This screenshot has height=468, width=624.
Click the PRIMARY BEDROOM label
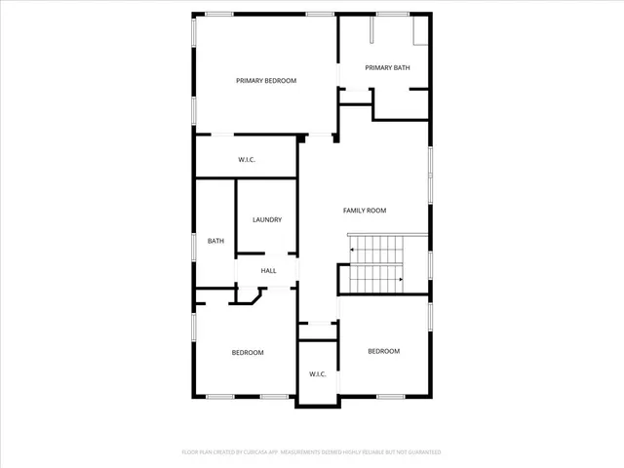click(x=266, y=81)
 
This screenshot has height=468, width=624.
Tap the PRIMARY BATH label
click(x=387, y=67)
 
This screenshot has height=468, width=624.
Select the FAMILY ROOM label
click(x=365, y=211)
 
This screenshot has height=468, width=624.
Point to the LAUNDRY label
click(x=267, y=220)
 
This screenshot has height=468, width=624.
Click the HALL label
click(x=268, y=271)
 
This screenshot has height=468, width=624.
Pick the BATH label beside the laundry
click(x=215, y=242)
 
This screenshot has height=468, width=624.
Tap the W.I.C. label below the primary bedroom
click(x=247, y=160)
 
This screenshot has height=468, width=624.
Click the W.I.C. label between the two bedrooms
click(x=317, y=374)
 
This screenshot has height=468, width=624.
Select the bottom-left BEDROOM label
click(x=247, y=353)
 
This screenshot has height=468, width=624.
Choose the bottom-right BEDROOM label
click(x=383, y=351)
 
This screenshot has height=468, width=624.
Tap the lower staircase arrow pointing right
click(x=401, y=281)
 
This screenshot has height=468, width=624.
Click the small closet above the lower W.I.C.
click(x=317, y=331)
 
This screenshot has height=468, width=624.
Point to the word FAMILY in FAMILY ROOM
click(x=354, y=211)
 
